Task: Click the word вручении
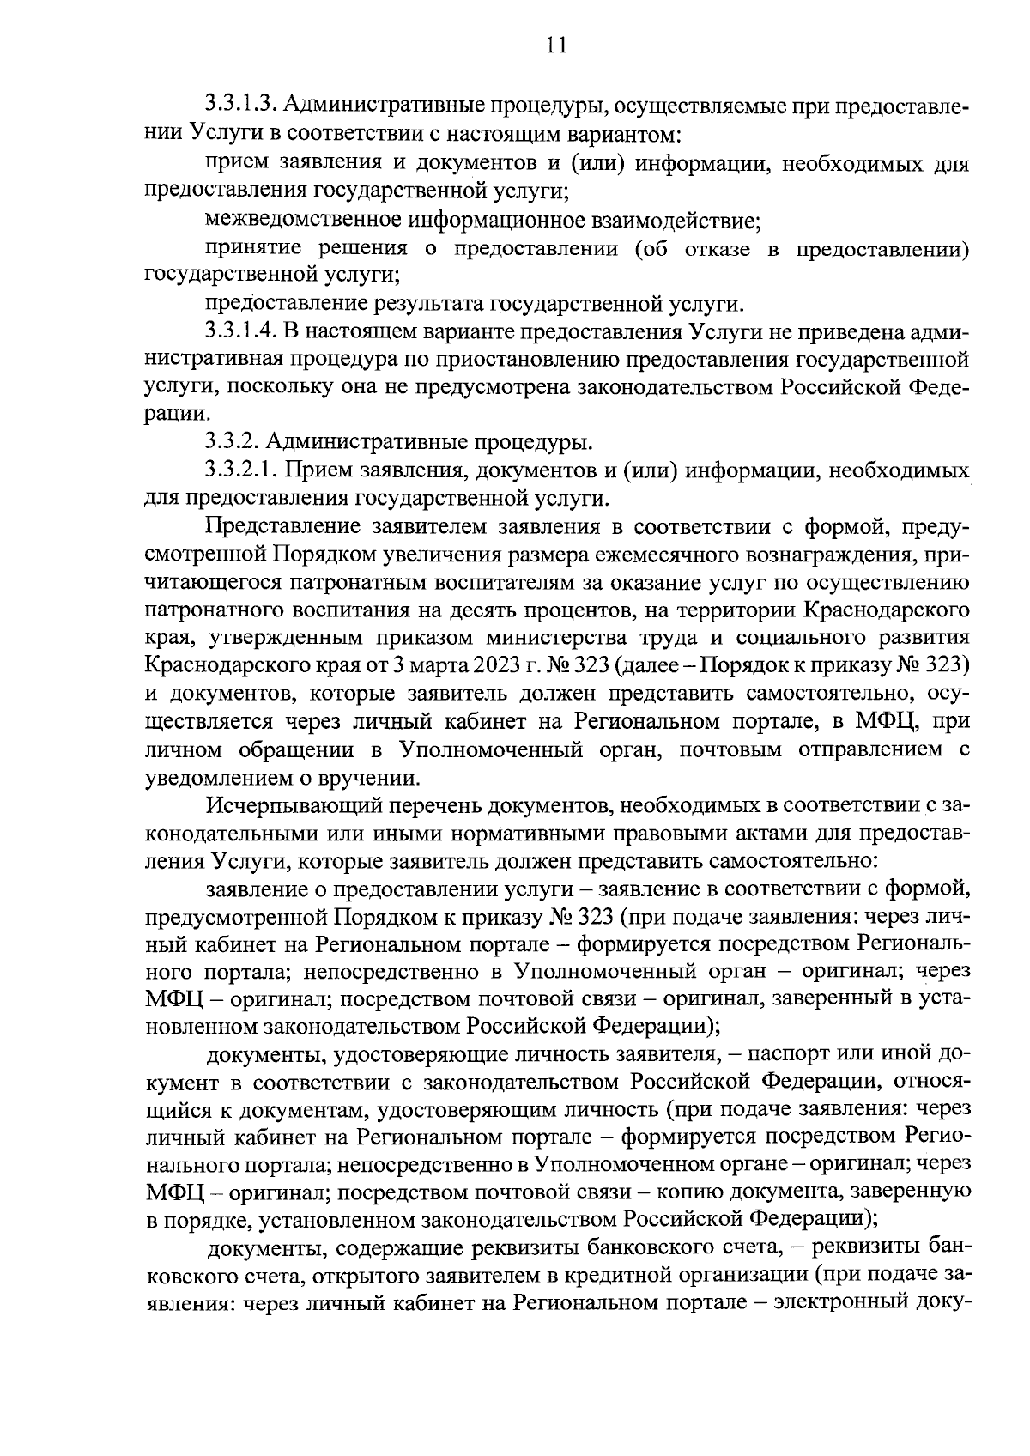(374, 778)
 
